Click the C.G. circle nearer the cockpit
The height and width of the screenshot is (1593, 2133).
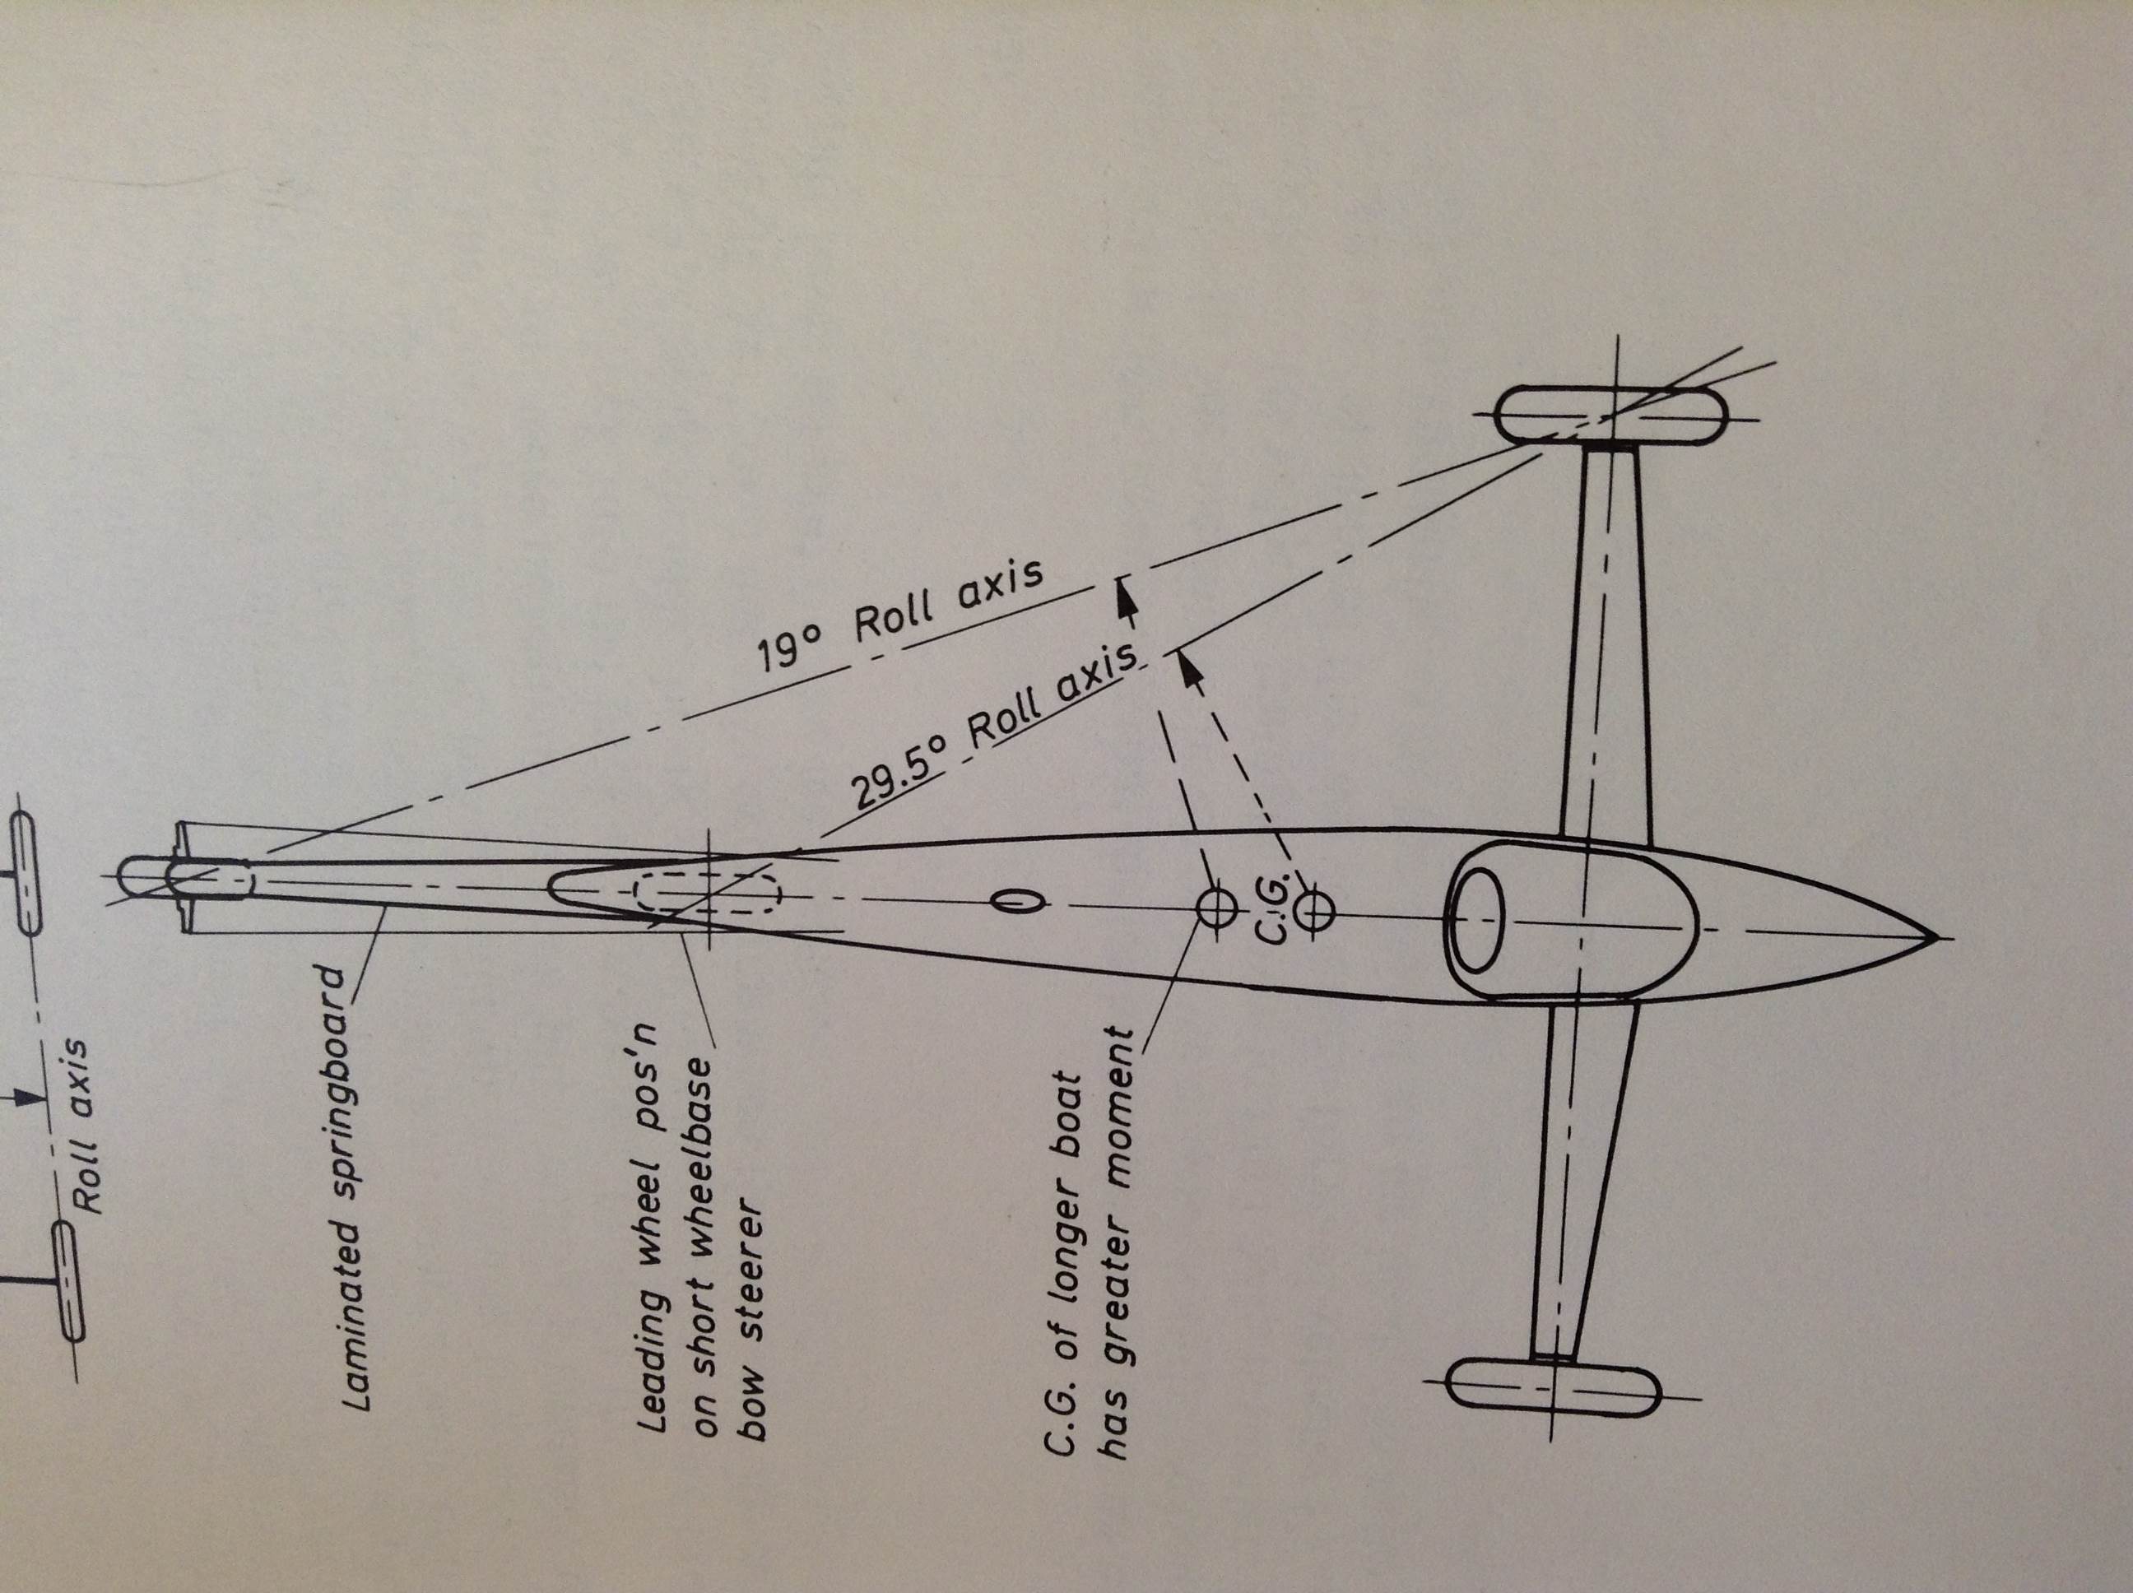(x=1315, y=909)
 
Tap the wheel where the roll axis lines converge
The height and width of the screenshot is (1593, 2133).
(x=1610, y=416)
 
